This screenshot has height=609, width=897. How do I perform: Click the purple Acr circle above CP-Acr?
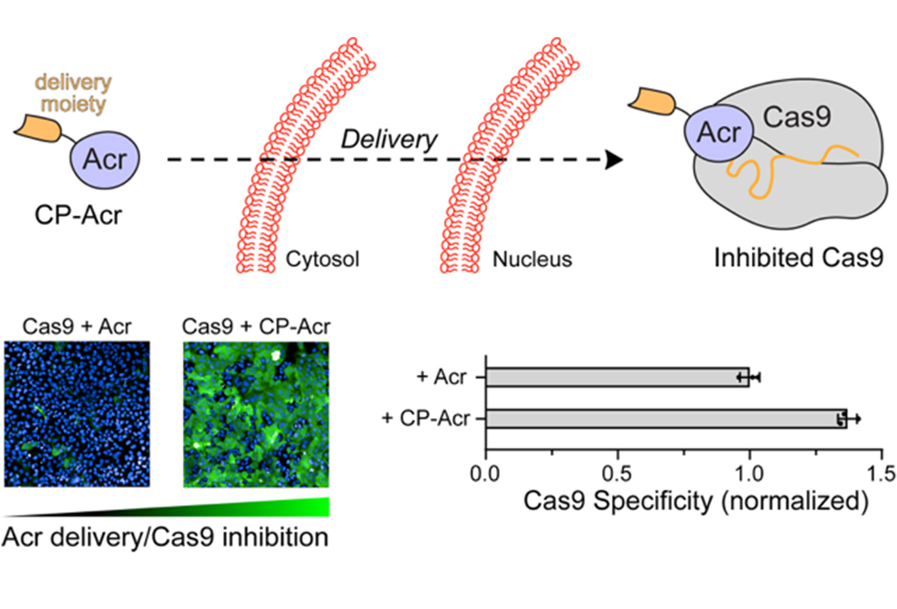pyautogui.click(x=104, y=159)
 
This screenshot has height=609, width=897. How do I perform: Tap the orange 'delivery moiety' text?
pyautogui.click(x=73, y=93)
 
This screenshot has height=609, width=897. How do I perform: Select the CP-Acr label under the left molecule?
pyautogui.click(x=78, y=215)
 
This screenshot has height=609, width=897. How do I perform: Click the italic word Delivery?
pyautogui.click(x=389, y=139)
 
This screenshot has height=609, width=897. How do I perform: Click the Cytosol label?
pyautogui.click(x=322, y=259)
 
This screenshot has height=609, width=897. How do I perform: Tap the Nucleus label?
pyautogui.click(x=532, y=259)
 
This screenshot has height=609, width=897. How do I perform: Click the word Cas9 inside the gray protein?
pyautogui.click(x=796, y=117)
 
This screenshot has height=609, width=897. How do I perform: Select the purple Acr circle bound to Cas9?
pyautogui.click(x=718, y=133)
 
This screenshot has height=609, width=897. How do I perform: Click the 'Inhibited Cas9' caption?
pyautogui.click(x=798, y=258)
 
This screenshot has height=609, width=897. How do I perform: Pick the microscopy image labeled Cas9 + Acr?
pyautogui.click(x=77, y=413)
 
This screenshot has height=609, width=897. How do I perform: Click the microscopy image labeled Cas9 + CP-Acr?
pyautogui.click(x=256, y=413)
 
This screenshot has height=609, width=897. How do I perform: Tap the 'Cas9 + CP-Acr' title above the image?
pyautogui.click(x=256, y=326)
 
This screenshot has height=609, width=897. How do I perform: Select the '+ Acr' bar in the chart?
pyautogui.click(x=617, y=377)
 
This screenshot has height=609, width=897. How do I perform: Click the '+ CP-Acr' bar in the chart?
pyautogui.click(x=666, y=419)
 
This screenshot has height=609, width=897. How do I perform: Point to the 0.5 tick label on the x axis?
pyautogui.click(x=617, y=474)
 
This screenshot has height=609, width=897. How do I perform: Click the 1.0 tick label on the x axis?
pyautogui.click(x=749, y=474)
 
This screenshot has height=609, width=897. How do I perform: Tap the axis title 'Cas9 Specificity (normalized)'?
pyautogui.click(x=696, y=501)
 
